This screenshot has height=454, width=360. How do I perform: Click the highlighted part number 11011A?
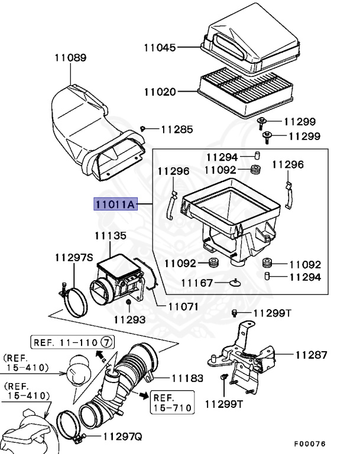tap(114, 205)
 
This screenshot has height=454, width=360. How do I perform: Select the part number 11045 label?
tap(160, 47)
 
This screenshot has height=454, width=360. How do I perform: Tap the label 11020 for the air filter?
tap(160, 92)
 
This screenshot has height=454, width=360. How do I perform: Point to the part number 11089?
tap(70, 58)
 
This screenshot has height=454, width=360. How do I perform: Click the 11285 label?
tap(177, 128)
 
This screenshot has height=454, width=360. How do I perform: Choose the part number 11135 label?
tap(111, 236)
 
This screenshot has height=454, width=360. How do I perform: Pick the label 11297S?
tap(74, 258)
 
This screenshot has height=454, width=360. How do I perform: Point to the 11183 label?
tap(188, 377)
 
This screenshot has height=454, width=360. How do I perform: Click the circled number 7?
tap(106, 342)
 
